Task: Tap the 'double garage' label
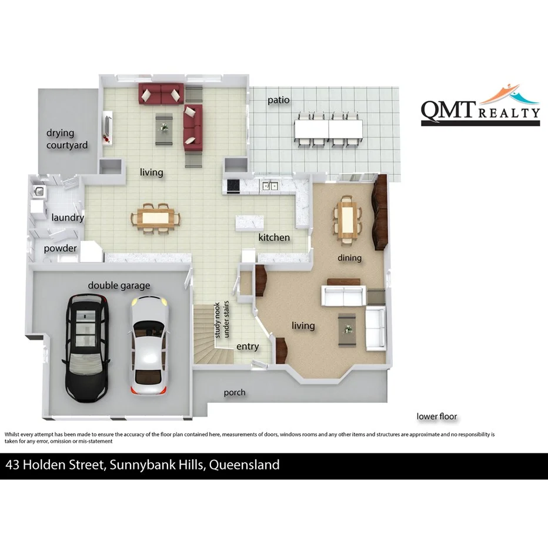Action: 119,286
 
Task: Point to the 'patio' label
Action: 279,100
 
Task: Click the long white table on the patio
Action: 329,128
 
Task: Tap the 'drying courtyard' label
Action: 68,139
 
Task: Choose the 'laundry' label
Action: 68,218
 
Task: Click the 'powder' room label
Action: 60,249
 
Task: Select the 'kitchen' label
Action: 274,238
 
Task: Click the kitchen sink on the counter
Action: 270,186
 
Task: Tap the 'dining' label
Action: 349,258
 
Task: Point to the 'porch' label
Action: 235,392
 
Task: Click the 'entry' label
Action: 248,346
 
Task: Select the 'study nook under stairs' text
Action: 222,320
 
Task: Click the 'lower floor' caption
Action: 437,416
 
